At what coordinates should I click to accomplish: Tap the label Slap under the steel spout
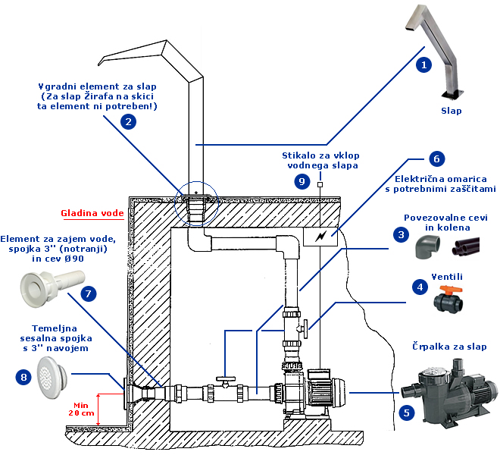(x=451, y=111)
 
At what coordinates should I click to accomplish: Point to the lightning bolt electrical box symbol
(x=320, y=237)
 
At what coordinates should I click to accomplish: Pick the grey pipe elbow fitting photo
(x=425, y=245)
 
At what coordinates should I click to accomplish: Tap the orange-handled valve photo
(x=449, y=297)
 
